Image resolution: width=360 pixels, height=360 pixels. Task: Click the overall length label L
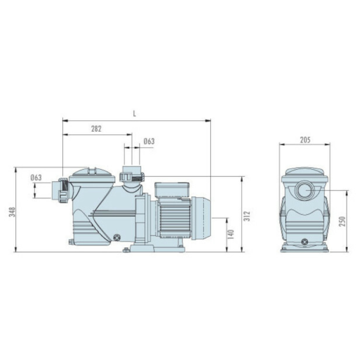point(134,114)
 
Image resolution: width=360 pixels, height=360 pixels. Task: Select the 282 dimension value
point(96,129)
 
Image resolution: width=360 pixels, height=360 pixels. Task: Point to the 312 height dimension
point(247,216)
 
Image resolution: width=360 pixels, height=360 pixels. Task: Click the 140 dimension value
point(231,234)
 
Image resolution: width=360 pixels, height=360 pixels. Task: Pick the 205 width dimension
point(305,140)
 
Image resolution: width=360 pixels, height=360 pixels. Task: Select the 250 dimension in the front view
point(342,221)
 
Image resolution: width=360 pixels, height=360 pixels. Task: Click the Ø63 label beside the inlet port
point(36,177)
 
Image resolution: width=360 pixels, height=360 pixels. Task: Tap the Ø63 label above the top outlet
point(149,141)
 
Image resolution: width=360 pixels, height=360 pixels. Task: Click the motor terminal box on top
point(172,190)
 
